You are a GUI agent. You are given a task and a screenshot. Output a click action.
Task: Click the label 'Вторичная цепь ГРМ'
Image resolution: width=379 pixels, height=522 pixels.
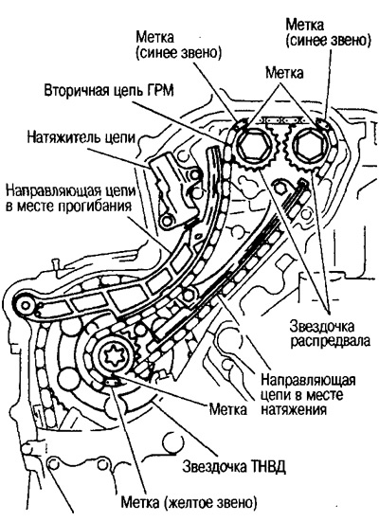click(x=109, y=91)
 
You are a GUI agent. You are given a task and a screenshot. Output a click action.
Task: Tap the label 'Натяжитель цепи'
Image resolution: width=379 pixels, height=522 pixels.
click(x=81, y=137)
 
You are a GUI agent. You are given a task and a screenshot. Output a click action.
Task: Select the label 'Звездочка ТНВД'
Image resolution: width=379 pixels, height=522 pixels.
click(x=234, y=467)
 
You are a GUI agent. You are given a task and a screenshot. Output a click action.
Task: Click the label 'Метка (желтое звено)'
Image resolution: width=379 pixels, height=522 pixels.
click(x=189, y=502)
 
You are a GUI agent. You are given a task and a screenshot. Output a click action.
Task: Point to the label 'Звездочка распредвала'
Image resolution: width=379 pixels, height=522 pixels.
click(x=330, y=334)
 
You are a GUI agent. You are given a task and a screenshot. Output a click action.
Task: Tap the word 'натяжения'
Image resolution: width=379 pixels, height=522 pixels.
click(x=293, y=409)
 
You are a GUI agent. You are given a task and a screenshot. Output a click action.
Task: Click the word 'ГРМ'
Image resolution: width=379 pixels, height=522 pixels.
click(x=159, y=91)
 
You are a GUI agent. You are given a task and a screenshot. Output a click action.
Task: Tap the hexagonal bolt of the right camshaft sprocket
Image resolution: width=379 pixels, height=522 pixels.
click(x=307, y=147)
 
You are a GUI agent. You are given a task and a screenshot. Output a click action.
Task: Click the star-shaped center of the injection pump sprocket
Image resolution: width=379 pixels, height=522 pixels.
click(x=114, y=358)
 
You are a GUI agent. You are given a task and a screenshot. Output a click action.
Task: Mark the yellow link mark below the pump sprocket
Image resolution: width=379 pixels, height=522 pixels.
click(x=112, y=382)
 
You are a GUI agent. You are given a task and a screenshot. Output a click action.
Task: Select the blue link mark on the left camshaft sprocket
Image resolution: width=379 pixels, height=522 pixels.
click(x=241, y=124)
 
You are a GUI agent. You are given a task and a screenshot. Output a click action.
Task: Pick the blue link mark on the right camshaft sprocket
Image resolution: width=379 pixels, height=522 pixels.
click(x=322, y=123)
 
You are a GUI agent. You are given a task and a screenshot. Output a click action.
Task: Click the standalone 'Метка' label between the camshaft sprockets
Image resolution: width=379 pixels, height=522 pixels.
click(x=284, y=73)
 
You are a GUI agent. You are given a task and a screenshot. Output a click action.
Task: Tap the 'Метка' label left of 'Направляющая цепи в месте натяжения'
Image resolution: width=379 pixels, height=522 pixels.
click(x=228, y=409)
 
